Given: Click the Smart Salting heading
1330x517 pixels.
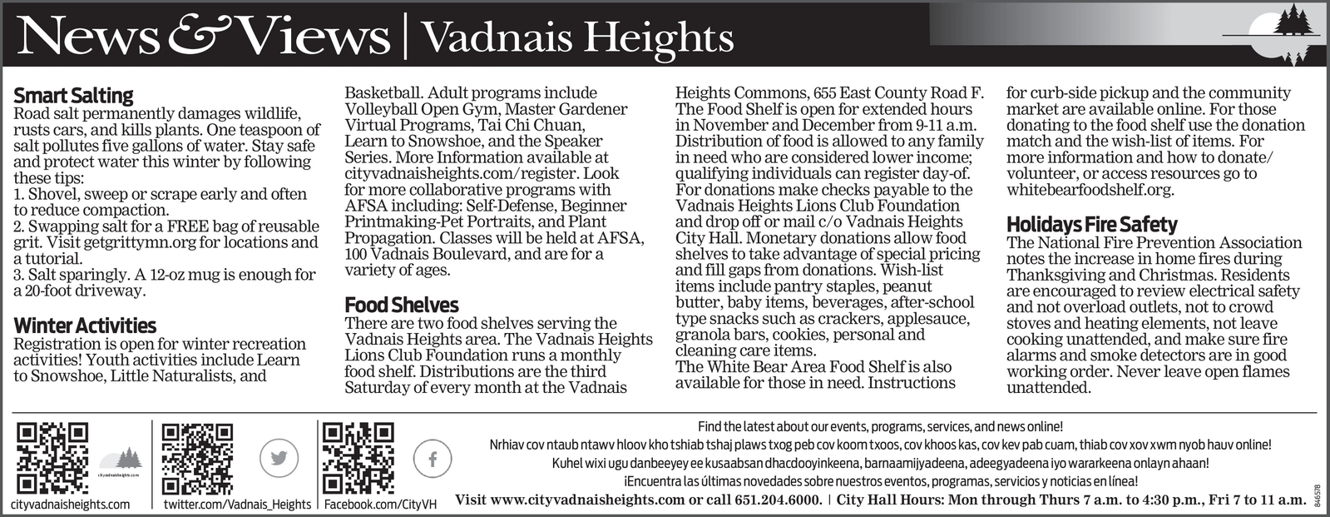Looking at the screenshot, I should pos(73,96).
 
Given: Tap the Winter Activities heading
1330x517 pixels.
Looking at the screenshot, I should pos(85,326).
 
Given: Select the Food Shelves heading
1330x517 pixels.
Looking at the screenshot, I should pos(402,305).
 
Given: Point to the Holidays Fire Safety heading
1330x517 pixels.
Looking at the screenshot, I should pos(1091,224).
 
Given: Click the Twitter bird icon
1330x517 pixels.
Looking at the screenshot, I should pos(279,458).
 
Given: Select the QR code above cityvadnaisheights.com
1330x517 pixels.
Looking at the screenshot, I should pos(52,458).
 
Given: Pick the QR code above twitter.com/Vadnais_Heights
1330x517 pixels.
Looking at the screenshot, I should pos(197,458).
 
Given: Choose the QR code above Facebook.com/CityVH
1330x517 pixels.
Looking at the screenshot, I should pos(358,458).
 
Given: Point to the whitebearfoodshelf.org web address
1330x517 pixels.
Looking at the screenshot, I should pos(1090,190).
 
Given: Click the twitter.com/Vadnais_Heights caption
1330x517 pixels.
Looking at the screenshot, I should pos(237,505).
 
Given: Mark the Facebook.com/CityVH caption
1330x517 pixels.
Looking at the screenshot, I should pos(380,505).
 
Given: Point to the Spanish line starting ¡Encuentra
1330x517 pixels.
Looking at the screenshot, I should pos(880,482).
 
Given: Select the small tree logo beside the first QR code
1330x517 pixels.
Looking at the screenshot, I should pos(121,460).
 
